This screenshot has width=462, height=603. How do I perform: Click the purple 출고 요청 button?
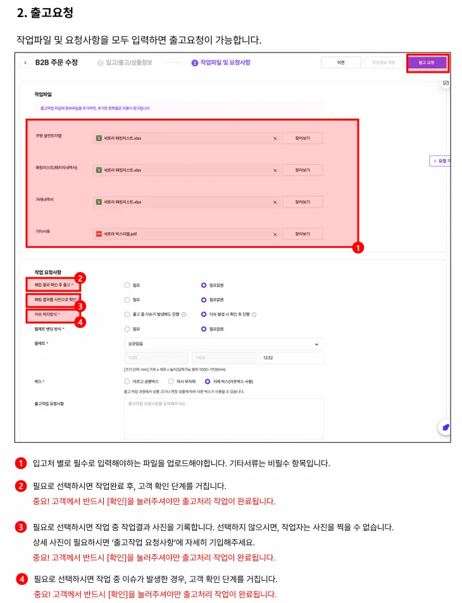pyautogui.click(x=427, y=63)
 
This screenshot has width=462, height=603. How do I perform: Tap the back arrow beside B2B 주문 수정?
pyautogui.click(x=25, y=63)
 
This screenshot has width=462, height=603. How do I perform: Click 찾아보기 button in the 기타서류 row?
pyautogui.click(x=303, y=233)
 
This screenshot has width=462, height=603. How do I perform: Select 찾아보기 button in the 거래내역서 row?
pyautogui.click(x=303, y=202)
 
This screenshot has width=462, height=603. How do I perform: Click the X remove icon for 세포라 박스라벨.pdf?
pyautogui.click(x=275, y=234)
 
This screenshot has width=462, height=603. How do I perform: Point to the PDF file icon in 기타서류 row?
pyautogui.click(x=99, y=234)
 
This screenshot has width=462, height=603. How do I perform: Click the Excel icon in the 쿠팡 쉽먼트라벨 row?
pyautogui.click(x=99, y=138)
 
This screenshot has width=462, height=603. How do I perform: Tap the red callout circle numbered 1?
pyautogui.click(x=358, y=249)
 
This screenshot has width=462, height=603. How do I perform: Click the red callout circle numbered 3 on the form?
pyautogui.click(x=80, y=306)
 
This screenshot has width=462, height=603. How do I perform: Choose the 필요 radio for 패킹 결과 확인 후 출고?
pyautogui.click(x=127, y=285)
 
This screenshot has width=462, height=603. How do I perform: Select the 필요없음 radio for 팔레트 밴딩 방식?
pyautogui.click(x=203, y=329)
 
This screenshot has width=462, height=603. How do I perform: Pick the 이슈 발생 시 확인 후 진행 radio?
pyautogui.click(x=203, y=314)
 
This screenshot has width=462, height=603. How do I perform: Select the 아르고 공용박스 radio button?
pyautogui.click(x=127, y=382)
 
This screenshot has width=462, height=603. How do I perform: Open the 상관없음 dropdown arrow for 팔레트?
pyautogui.click(x=316, y=344)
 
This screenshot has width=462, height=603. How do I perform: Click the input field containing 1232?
pyautogui.click(x=291, y=358)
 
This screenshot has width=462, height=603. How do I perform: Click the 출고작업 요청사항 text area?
pyautogui.click(x=224, y=418)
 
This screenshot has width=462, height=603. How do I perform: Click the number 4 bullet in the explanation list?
pyautogui.click(x=22, y=579)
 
